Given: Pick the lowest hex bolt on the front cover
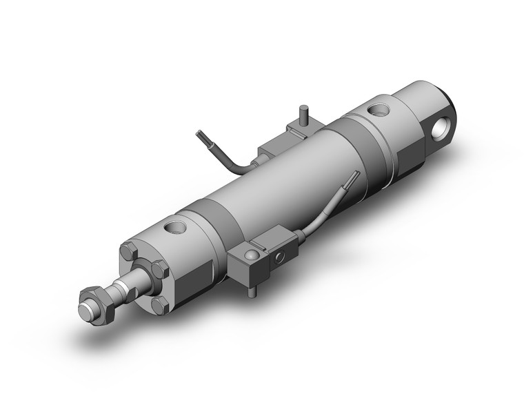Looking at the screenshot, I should [159, 304].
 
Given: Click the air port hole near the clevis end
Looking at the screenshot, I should [377, 109].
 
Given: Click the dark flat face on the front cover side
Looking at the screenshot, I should [183, 283].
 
